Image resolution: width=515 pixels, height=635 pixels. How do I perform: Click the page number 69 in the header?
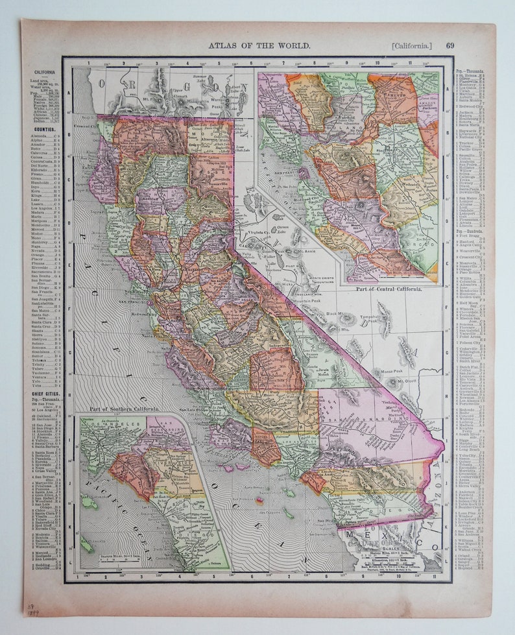[450, 45]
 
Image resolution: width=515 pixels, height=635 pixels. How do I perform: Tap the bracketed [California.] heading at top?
[411, 45]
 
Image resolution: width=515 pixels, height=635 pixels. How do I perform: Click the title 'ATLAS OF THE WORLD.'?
[259, 45]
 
